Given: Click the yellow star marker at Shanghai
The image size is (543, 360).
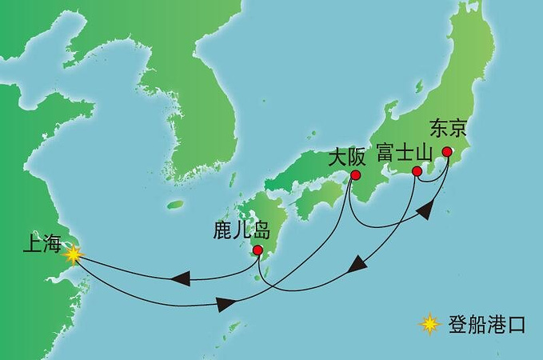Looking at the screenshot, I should click(x=73, y=254).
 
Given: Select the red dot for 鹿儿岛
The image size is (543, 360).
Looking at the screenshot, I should click(x=258, y=250).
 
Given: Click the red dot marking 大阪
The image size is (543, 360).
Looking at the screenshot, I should click(x=355, y=175).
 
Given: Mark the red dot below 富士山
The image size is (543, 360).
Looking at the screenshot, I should click(x=417, y=171).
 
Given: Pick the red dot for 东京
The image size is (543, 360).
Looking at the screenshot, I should click(x=447, y=152).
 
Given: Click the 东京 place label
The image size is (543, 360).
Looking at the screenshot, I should click(x=446, y=128).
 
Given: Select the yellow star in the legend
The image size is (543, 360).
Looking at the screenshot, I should click(x=430, y=325).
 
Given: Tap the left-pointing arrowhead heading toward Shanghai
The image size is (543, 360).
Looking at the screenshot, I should click(x=178, y=278).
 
